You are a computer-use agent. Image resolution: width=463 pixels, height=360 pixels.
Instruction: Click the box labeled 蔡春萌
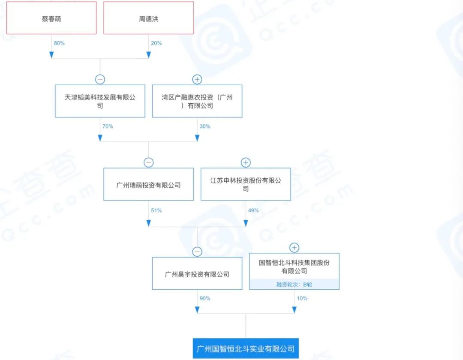click(x=51, y=18)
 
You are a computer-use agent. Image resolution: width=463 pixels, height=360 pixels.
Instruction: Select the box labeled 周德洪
click(x=148, y=18)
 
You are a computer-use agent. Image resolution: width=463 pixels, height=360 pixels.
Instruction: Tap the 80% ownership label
click(x=59, y=43)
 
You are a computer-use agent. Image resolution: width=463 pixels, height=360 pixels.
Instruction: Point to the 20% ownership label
click(x=156, y=43)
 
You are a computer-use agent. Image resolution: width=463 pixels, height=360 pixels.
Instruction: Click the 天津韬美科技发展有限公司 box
click(x=100, y=101)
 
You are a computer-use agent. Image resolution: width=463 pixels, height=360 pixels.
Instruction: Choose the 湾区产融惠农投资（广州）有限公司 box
click(x=197, y=101)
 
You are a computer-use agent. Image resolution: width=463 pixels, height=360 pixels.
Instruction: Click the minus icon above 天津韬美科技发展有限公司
click(x=100, y=79)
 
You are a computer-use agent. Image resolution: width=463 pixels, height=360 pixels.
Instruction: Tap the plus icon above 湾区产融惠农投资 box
click(x=197, y=79)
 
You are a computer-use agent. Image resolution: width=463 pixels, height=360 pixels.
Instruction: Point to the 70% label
click(x=108, y=126)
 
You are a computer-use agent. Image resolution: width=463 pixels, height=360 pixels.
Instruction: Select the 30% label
click(x=204, y=126)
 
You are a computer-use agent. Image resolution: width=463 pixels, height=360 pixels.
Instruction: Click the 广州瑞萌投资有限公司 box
click(x=148, y=185)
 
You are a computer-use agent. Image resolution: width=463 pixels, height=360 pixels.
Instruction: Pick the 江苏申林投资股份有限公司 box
click(x=246, y=185)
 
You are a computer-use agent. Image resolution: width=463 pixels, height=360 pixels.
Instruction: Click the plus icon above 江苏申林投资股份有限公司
click(x=246, y=162)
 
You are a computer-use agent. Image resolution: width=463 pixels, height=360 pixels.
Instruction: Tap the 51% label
click(x=156, y=210)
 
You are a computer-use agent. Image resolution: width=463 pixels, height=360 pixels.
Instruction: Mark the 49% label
click(x=253, y=210)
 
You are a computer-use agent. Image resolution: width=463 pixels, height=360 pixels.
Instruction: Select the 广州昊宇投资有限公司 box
click(x=197, y=274)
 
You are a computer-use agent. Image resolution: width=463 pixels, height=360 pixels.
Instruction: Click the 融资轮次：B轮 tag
click(x=294, y=284)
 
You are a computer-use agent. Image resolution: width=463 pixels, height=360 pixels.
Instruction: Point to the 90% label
click(x=204, y=298)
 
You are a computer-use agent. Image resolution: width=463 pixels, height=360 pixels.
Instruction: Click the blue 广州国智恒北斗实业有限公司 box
click(x=246, y=348)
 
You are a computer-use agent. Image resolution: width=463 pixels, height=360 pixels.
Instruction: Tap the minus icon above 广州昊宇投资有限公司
click(x=197, y=252)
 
